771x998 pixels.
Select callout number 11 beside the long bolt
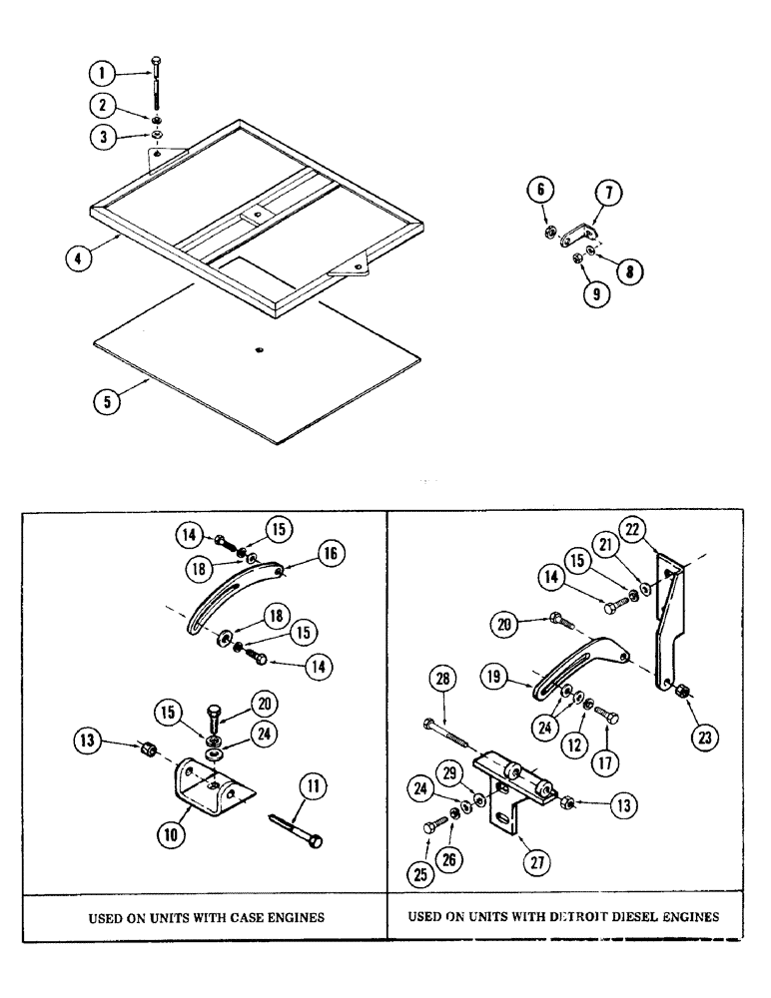314,788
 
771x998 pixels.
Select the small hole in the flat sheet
258,349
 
